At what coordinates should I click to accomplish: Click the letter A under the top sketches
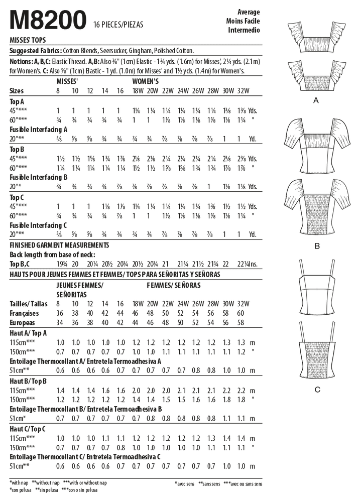[x=316, y=100]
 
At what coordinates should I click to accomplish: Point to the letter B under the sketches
[x=316, y=246]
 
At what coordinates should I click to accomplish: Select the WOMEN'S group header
[x=146, y=81]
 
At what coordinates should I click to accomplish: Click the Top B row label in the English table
[x=18, y=150]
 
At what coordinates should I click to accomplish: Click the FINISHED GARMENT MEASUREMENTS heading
[x=60, y=244]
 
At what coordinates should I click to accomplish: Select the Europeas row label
[x=24, y=322]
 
